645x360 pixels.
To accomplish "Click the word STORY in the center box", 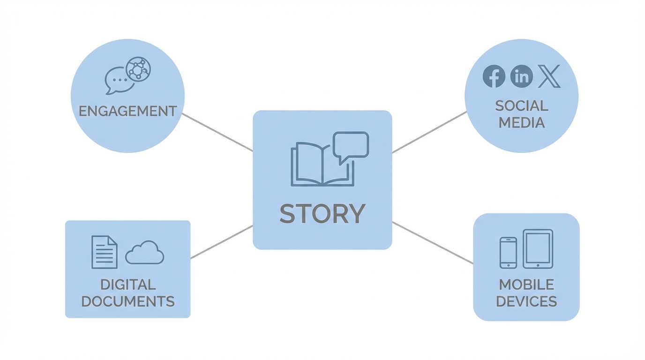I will click(x=322, y=214).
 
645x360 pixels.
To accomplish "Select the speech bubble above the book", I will click(x=351, y=145).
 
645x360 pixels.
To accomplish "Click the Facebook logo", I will click(x=494, y=76).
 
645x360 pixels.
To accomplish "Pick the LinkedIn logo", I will click(x=521, y=76).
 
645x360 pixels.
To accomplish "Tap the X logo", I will click(x=549, y=76).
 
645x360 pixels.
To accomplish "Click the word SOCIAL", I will click(x=521, y=105).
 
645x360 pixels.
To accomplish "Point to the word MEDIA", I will click(x=521, y=123).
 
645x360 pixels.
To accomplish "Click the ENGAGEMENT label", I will click(x=127, y=111).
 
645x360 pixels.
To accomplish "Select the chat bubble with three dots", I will click(x=119, y=80).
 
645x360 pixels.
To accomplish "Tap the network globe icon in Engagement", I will click(x=138, y=69).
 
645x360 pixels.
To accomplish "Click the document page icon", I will click(x=104, y=252).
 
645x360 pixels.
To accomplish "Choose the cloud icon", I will click(x=144, y=254).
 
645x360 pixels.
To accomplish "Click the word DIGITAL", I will click(x=127, y=285).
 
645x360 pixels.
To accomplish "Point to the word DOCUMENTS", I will click(x=127, y=301).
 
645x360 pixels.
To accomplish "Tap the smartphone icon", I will click(x=508, y=253).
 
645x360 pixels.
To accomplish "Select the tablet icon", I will click(x=538, y=249).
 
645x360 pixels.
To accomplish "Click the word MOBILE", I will click(x=526, y=285).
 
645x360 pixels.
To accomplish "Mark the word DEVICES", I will click(x=526, y=301).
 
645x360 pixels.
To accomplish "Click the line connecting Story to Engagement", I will click(x=217, y=132).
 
